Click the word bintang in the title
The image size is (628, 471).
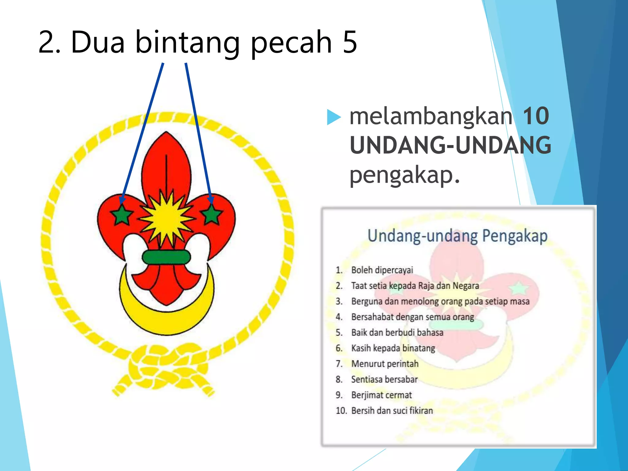[x=187, y=42]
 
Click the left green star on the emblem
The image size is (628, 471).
[x=122, y=215]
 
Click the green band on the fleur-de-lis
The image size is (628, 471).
[x=167, y=257]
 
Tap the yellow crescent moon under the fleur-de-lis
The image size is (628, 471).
[x=167, y=319]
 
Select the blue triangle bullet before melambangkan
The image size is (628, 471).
[x=334, y=117]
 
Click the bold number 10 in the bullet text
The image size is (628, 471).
[x=536, y=117]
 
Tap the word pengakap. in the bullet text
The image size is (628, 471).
[x=405, y=175]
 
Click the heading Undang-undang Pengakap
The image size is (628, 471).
[x=458, y=236]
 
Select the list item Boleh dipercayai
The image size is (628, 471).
[x=382, y=270]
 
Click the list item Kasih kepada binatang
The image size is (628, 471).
[x=393, y=348]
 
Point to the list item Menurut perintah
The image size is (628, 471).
[x=385, y=364]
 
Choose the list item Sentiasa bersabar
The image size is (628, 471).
[x=385, y=380]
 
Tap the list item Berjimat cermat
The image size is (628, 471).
[x=381, y=395]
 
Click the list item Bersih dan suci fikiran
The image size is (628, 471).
[x=392, y=411]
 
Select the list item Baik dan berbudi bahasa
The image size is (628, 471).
[x=397, y=333]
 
